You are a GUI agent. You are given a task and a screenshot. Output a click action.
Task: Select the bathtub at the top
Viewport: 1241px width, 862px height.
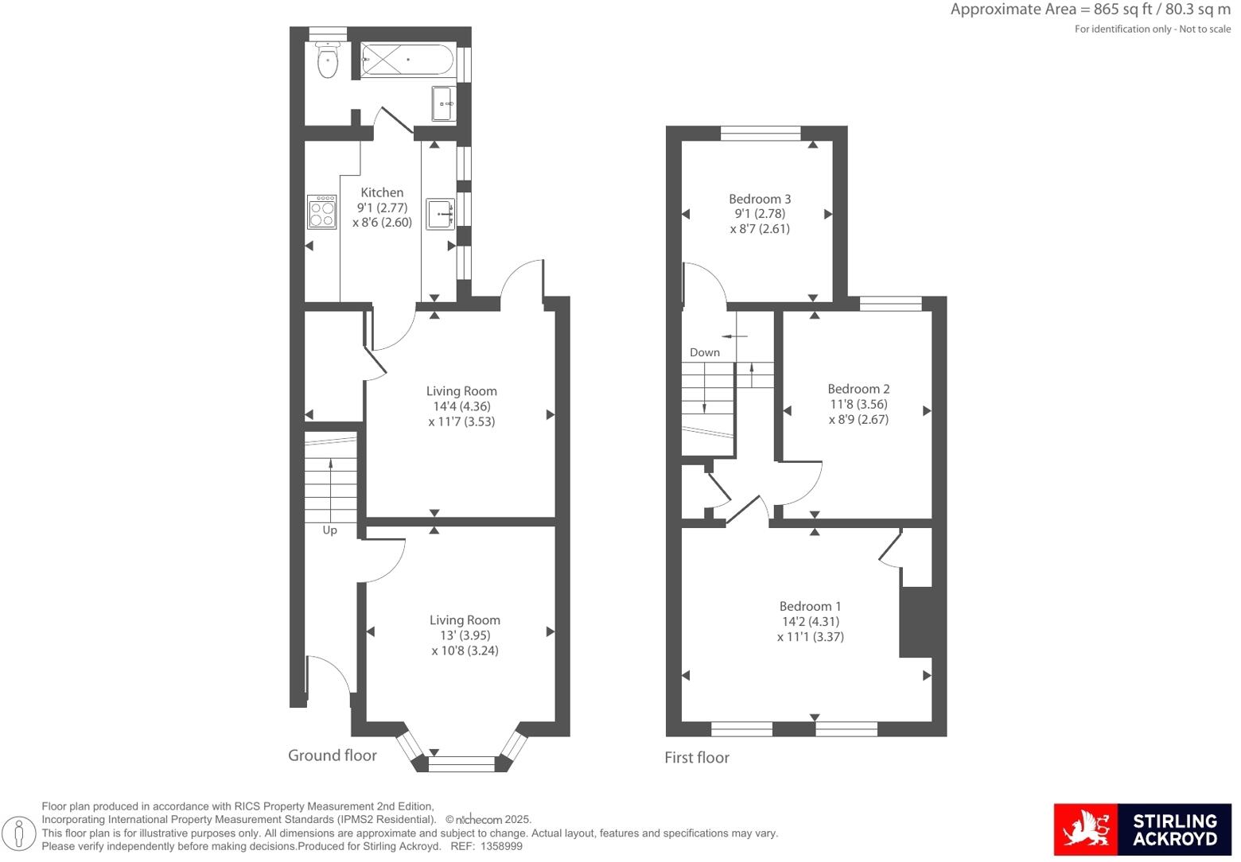407,60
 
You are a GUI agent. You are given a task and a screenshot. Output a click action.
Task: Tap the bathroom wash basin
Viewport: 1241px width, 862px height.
444,103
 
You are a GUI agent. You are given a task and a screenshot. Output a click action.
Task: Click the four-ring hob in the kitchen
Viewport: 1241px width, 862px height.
322,212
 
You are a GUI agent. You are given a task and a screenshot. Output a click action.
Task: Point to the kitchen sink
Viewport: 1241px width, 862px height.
441,213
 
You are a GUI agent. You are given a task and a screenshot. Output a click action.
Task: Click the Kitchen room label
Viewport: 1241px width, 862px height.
382,192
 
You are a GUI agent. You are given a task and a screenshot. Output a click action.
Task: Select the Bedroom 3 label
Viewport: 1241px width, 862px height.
760,199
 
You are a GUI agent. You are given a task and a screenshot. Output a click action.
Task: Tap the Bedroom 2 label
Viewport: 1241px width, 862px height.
858,389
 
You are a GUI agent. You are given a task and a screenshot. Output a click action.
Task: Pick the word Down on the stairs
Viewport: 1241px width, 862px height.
705,352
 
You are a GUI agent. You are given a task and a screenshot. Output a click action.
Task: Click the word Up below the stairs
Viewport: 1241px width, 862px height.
329,530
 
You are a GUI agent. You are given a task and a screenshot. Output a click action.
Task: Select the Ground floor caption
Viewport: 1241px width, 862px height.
333,755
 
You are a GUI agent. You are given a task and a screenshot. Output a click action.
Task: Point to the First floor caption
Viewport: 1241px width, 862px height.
697,758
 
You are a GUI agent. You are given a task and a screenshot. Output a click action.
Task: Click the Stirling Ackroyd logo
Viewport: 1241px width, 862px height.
1142,829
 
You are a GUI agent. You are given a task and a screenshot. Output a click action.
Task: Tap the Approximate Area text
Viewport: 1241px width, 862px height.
1090,10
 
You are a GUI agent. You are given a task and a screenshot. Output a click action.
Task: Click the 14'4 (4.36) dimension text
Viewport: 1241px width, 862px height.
461,406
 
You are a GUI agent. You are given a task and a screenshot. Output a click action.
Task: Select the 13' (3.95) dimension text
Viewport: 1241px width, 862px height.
465,635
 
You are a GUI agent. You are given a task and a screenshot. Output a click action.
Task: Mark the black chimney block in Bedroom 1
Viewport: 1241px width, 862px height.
915,622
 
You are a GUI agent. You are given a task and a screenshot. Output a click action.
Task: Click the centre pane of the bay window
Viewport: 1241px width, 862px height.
461,764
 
